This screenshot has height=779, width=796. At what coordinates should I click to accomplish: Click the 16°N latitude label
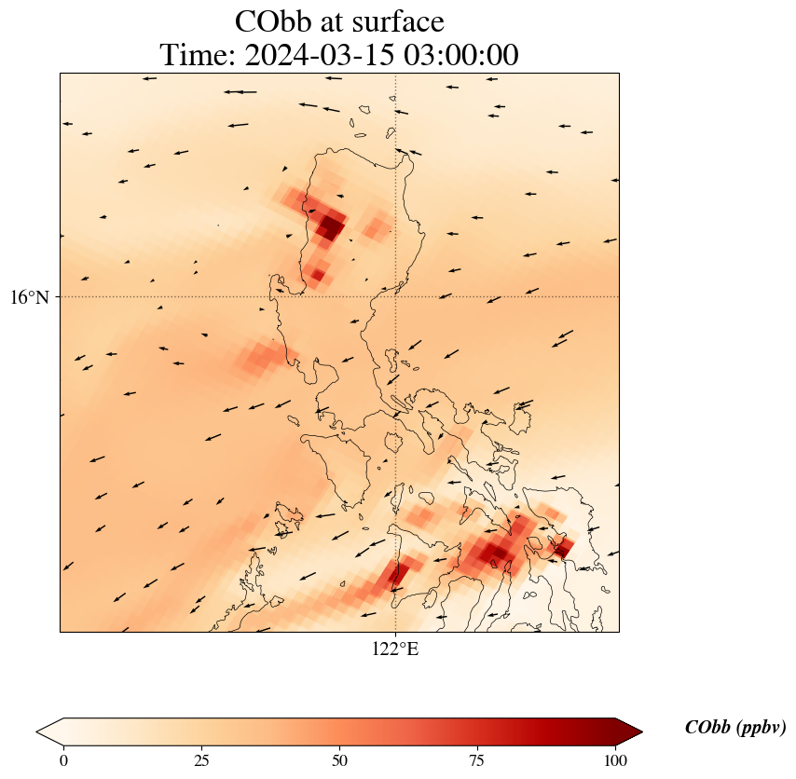(x=34, y=297)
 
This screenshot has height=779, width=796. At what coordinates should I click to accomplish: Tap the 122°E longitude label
(x=395, y=649)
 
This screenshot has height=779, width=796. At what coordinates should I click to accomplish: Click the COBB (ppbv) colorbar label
(x=735, y=728)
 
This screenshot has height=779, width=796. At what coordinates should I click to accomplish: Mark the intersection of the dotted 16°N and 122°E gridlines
(x=396, y=296)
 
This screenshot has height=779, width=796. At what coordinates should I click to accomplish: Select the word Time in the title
(x=198, y=56)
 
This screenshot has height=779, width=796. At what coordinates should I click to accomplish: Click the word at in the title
(x=339, y=21)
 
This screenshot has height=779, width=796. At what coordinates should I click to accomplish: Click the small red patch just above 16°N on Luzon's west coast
(x=318, y=274)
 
